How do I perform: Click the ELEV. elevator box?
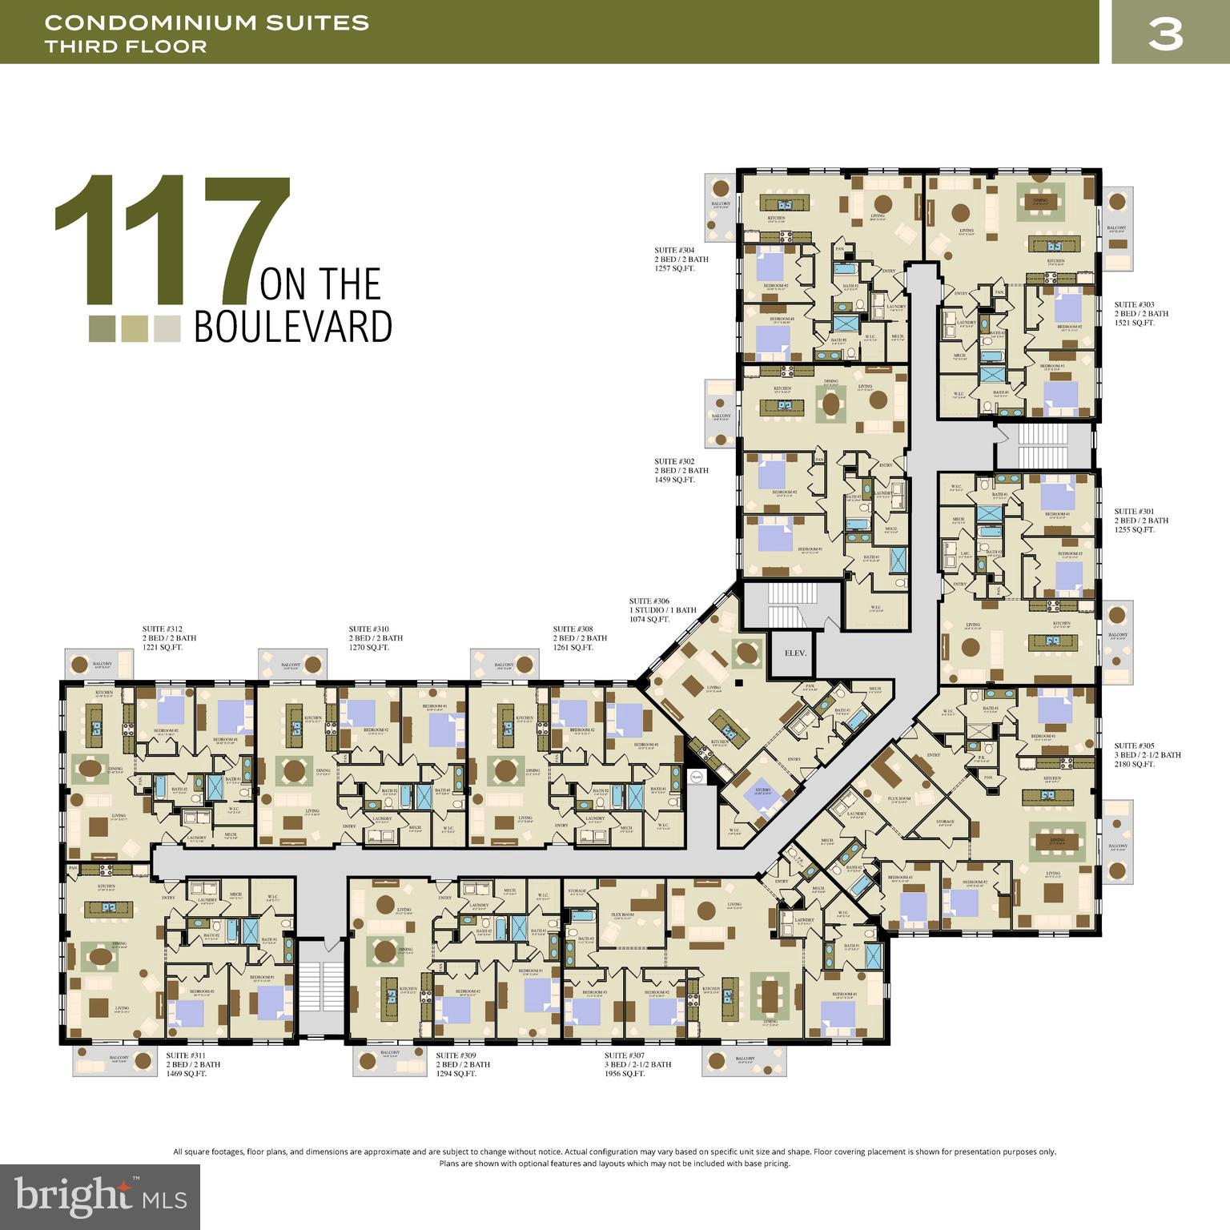coord(794,653)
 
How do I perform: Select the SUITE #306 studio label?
coord(649,601)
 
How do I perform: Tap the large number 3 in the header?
coord(1165,33)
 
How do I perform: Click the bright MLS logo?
coord(100,1196)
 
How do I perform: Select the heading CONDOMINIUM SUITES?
coord(207,22)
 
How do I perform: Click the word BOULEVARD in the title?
coord(293,326)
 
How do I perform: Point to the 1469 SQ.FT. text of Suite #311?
coord(187,1074)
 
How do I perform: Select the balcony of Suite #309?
coord(390,1060)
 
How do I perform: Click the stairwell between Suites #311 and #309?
coord(320,987)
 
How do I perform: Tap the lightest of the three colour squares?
coord(167,329)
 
